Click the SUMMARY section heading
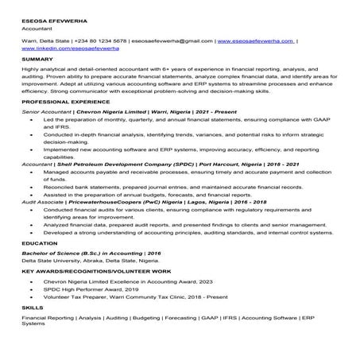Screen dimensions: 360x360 coord(37,60)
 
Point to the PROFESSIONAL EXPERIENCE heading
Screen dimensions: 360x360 coord(64,103)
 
